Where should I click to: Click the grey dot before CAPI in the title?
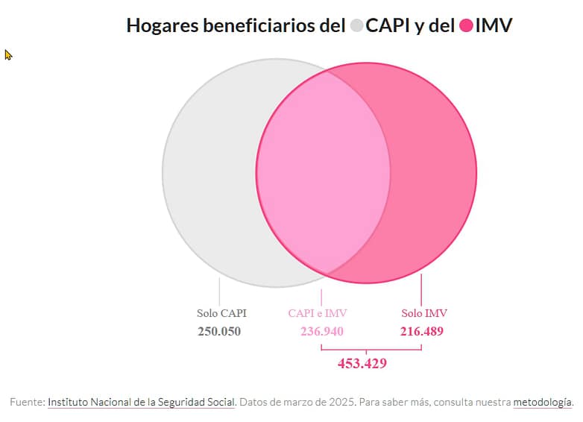point(356,26)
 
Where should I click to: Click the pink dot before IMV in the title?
point(467,26)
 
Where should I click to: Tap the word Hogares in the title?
point(159,26)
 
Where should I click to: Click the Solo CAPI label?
point(221,313)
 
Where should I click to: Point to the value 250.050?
point(219,331)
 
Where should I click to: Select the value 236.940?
point(322,331)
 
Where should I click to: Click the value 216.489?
point(422,331)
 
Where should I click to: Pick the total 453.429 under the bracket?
point(362,363)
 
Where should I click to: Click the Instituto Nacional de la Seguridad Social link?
point(142,402)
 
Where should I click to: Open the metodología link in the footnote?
point(543,402)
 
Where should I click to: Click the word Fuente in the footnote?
point(26,402)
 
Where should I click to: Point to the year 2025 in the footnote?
point(343,402)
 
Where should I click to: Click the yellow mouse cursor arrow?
point(9,54)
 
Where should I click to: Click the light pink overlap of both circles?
point(323,172)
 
